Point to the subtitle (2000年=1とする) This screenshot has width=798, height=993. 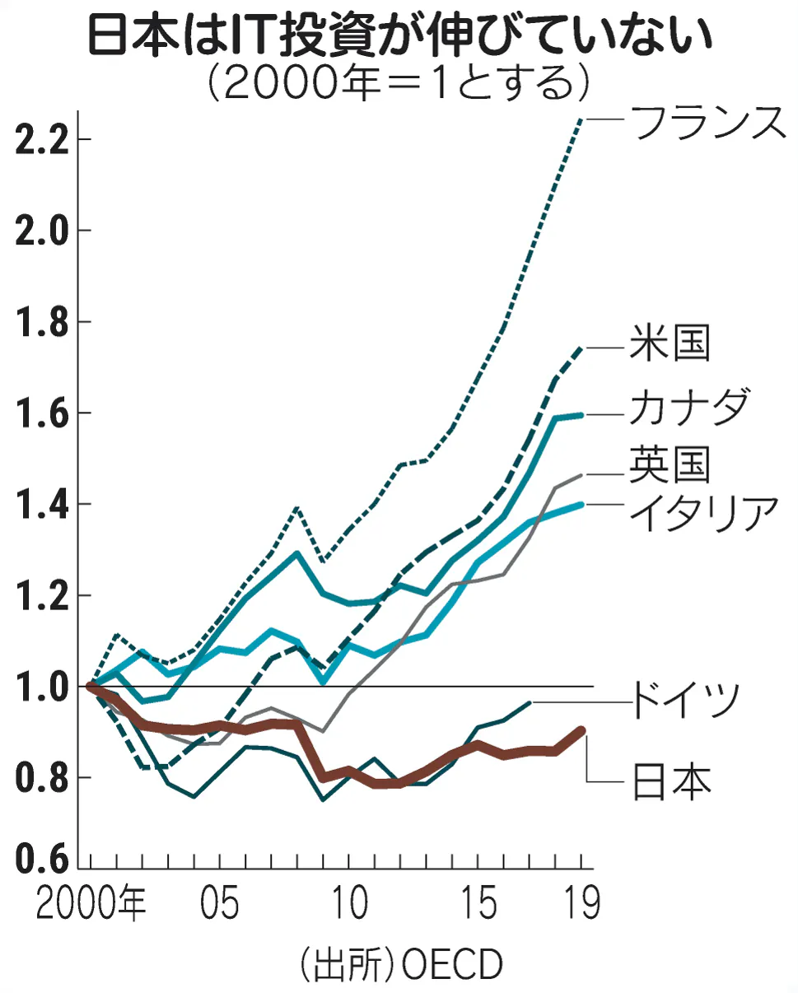pos(399,82)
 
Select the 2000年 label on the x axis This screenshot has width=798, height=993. pos(91,903)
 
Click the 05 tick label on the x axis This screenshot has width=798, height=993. pos(220,903)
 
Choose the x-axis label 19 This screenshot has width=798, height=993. pos(581,903)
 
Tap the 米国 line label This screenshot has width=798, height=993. pos(670,343)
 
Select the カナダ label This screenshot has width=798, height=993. pos(690,406)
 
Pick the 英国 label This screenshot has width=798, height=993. pos(670,464)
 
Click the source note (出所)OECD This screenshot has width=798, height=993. pos(399,964)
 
